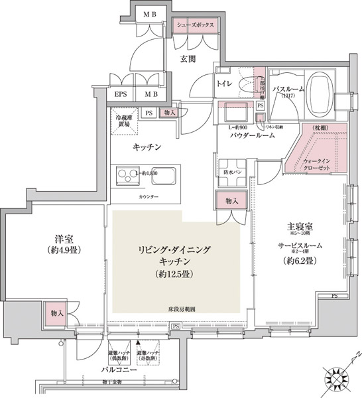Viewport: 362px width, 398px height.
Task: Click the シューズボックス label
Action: [x=195, y=24]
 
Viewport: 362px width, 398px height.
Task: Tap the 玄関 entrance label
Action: [x=188, y=59]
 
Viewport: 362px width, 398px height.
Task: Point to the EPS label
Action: [x=121, y=94]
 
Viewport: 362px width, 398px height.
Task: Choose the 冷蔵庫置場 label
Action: [x=123, y=120]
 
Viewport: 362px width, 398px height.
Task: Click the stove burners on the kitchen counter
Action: [x=126, y=176]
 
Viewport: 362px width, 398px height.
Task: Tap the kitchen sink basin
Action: [x=164, y=177]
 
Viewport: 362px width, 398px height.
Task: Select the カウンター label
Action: [x=148, y=198]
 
